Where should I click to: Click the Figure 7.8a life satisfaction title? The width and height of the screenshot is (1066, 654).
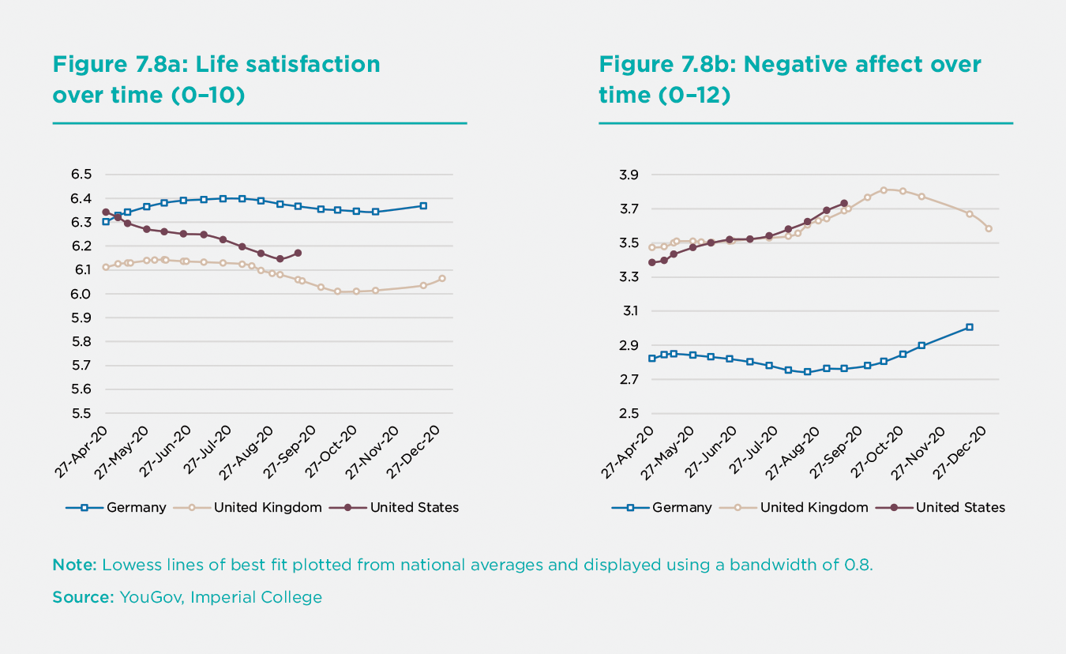tap(216, 80)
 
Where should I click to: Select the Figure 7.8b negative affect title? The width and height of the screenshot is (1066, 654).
tap(790, 80)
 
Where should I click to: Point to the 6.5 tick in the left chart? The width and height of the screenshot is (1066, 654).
tap(82, 175)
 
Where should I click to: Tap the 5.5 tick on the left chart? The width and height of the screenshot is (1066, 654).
tap(82, 413)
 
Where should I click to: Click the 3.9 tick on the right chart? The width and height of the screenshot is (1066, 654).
tap(628, 175)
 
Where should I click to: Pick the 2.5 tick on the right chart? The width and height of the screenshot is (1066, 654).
tap(628, 413)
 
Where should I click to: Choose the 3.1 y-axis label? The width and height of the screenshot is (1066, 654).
tap(628, 311)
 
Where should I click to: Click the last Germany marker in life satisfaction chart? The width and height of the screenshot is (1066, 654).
tap(423, 205)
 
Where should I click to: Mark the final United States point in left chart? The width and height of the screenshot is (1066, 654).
tap(298, 253)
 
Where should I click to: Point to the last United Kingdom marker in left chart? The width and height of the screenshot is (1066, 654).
tap(442, 278)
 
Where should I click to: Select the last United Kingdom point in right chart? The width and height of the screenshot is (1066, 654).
tap(989, 228)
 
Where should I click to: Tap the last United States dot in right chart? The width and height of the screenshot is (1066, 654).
tap(844, 203)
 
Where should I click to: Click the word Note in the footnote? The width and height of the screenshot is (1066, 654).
tap(73, 565)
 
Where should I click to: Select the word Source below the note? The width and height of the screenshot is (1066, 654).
tap(83, 597)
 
